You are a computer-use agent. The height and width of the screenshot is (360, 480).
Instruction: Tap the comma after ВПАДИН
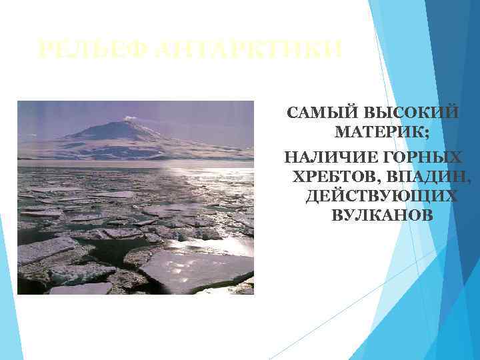click(x=469, y=181)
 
